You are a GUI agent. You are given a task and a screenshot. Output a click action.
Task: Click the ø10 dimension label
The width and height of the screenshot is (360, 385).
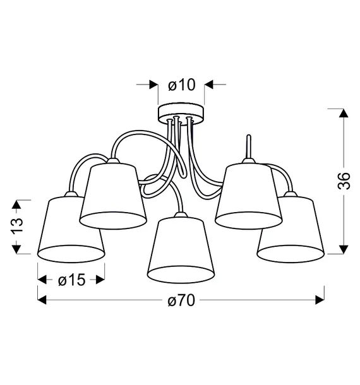point(182,85)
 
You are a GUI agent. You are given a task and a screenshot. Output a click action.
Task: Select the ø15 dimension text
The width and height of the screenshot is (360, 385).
point(72,280)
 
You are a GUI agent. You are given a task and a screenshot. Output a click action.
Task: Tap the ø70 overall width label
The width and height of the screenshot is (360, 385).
point(181,300)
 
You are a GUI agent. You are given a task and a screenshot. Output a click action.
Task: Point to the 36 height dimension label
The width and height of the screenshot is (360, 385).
point(344,181)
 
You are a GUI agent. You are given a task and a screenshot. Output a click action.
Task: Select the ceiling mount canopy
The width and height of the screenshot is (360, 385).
point(181,114)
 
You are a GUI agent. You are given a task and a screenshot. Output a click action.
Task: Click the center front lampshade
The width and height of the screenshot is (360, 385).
point(181,248)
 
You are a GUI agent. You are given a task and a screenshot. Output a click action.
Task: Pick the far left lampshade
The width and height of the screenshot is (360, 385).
point(71,227)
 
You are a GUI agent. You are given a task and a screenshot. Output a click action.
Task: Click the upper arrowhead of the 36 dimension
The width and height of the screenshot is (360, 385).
point(344,113)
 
